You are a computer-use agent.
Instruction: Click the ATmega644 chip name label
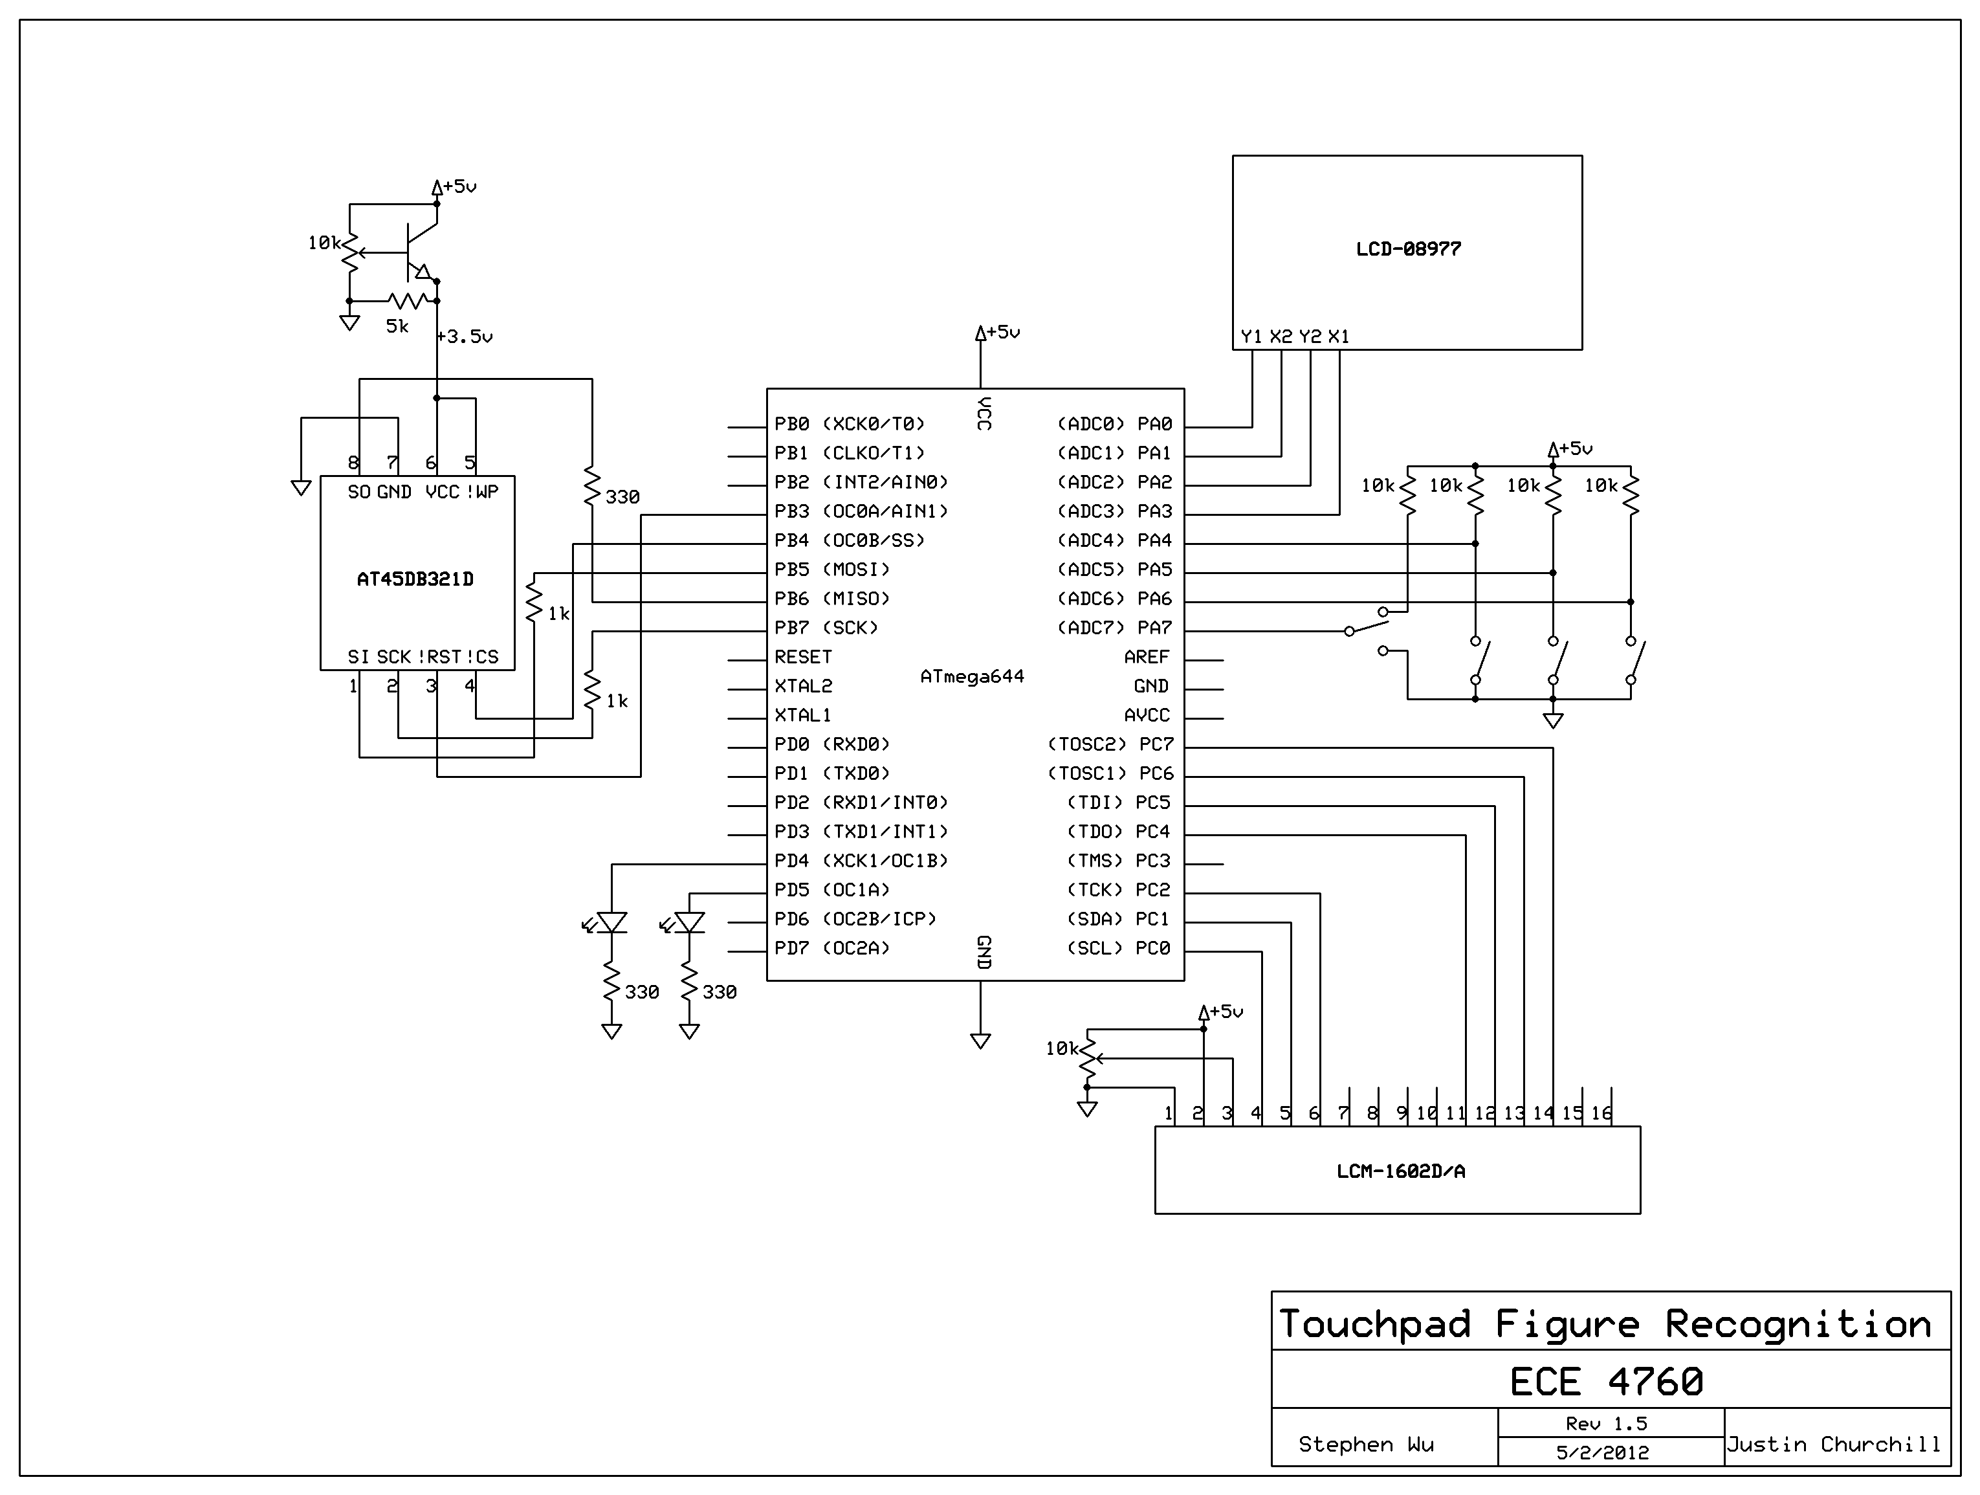[x=972, y=677]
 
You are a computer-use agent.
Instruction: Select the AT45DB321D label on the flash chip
[x=415, y=579]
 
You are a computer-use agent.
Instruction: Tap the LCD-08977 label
[x=1408, y=249]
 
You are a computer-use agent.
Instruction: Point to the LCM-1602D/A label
[x=1401, y=1171]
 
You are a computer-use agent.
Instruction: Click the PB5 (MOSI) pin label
[x=833, y=570]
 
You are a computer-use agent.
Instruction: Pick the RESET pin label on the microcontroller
[x=803, y=657]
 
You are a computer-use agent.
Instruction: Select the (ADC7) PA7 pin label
[x=1114, y=628]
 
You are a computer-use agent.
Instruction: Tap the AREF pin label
[x=1147, y=657]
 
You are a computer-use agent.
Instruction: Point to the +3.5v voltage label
[x=465, y=337]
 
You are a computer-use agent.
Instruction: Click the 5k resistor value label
[x=397, y=327]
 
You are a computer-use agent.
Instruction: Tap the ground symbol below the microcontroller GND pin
[x=980, y=1041]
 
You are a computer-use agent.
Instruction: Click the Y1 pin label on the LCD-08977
[x=1251, y=337]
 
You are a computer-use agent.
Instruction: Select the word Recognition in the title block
[x=1798, y=1325]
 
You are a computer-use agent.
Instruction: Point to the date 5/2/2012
[x=1602, y=1452]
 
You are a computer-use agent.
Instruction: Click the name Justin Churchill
[x=1834, y=1444]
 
